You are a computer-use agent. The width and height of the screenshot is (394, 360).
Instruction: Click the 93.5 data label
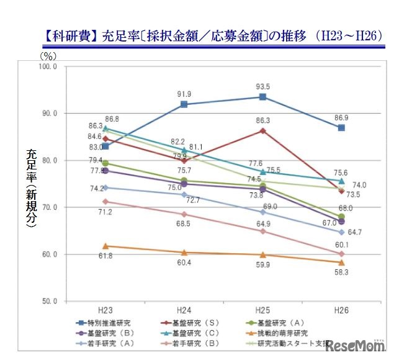(x=262, y=87)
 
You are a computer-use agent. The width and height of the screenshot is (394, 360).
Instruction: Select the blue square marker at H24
(x=184, y=104)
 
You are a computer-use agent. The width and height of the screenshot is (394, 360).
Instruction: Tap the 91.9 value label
(x=184, y=94)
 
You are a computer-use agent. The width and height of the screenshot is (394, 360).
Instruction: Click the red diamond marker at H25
(x=262, y=130)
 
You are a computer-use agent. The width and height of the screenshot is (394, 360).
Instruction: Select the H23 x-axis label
(x=105, y=310)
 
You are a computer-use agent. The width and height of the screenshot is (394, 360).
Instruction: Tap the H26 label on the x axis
(x=341, y=310)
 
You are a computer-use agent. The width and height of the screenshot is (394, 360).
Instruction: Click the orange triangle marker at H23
(x=105, y=246)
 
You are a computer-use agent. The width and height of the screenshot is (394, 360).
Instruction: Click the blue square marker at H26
(x=341, y=128)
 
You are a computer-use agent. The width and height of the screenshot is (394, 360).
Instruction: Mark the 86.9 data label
(x=341, y=117)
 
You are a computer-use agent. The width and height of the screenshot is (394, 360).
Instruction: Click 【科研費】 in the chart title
(x=69, y=35)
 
